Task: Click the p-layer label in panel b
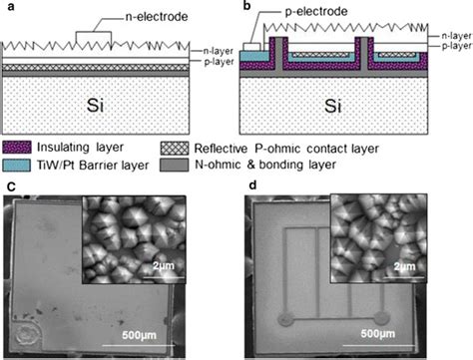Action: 456,46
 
